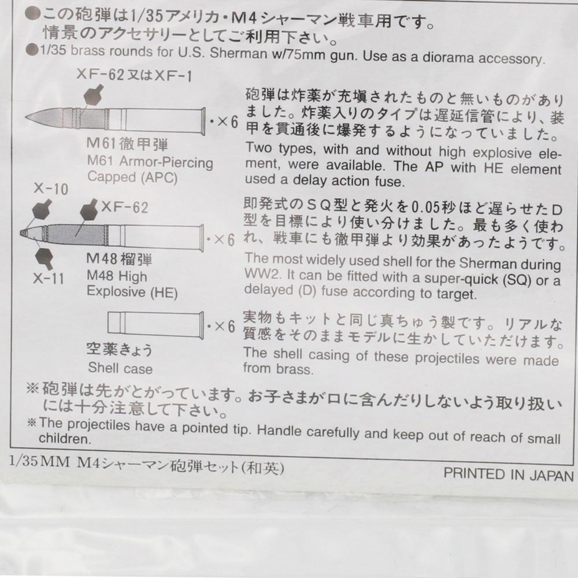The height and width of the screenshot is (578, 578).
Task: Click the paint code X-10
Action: [x=50, y=189]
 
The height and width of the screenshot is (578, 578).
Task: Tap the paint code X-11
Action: [x=49, y=278]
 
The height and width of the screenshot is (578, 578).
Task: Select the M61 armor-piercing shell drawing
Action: [x=116, y=120]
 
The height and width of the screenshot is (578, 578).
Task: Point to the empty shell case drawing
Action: [x=155, y=324]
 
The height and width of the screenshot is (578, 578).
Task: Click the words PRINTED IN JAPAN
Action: [x=508, y=475]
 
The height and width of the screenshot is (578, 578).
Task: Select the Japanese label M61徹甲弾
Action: [x=127, y=144]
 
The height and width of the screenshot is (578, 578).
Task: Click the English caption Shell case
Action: [x=120, y=368]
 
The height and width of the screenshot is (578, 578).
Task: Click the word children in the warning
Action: [x=65, y=439]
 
